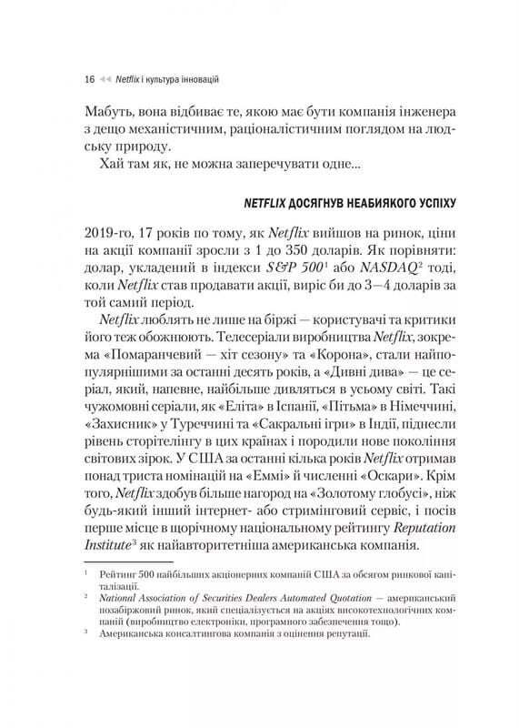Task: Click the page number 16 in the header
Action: tap(88, 79)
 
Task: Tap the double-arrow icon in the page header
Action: tap(105, 79)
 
